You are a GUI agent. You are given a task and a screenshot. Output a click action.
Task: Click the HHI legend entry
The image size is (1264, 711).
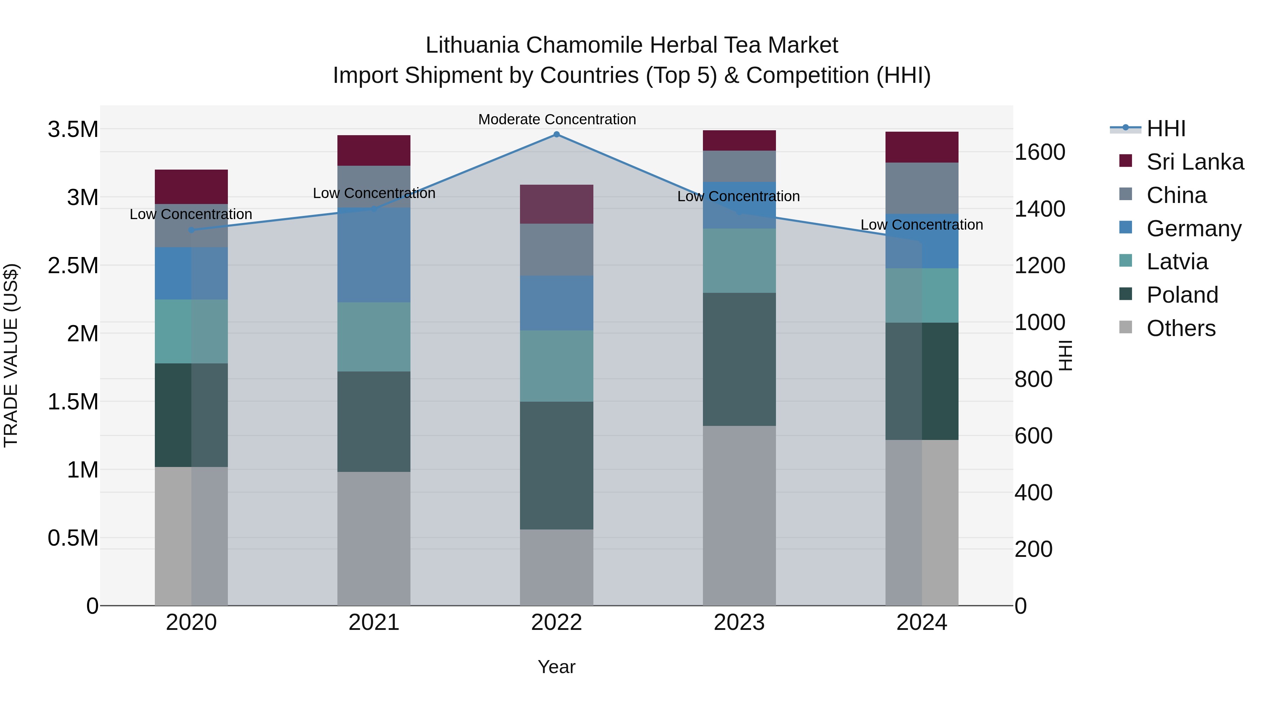pyautogui.click(x=1165, y=129)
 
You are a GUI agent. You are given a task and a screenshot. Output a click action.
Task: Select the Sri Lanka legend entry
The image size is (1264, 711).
pyautogui.click(x=1195, y=162)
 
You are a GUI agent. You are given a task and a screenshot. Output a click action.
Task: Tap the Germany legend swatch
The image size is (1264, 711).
pyautogui.click(x=1126, y=228)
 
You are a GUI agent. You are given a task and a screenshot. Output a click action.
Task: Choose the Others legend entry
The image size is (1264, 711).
pyautogui.click(x=1180, y=328)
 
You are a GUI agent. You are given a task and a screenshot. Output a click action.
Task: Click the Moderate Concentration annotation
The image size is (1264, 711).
pyautogui.click(x=557, y=119)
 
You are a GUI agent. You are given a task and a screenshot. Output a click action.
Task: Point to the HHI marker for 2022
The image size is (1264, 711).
pyautogui.click(x=557, y=134)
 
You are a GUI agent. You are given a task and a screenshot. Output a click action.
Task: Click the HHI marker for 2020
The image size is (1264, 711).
pyautogui.click(x=191, y=230)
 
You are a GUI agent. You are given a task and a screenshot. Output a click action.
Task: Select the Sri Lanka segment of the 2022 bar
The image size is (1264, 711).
pyautogui.click(x=557, y=204)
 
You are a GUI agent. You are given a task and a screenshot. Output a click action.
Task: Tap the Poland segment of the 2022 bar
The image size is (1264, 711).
pyautogui.click(x=557, y=465)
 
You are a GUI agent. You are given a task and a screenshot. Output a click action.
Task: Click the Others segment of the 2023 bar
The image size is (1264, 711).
pyautogui.click(x=739, y=515)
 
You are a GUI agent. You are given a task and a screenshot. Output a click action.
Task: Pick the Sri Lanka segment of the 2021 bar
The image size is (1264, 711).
pyautogui.click(x=374, y=151)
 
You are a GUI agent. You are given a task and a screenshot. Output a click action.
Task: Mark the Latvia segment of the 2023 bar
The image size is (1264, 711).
pyautogui.click(x=739, y=261)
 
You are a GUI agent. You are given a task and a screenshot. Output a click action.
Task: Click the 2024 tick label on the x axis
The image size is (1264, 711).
pyautogui.click(x=922, y=623)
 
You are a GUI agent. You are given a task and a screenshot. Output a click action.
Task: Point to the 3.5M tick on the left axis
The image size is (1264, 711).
pyautogui.click(x=73, y=130)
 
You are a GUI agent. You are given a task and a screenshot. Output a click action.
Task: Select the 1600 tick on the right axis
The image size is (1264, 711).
pyautogui.click(x=1039, y=152)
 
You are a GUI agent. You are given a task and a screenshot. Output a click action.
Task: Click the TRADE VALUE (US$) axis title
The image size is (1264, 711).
pyautogui.click(x=11, y=355)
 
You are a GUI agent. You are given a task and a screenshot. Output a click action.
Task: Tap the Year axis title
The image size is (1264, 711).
pyautogui.click(x=557, y=667)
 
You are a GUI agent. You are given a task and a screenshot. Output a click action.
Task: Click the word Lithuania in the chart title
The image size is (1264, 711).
pyautogui.click(x=472, y=45)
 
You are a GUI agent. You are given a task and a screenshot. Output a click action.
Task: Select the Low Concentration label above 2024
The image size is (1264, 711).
pyautogui.click(x=922, y=225)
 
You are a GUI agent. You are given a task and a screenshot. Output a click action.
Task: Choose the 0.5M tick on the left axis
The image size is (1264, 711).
pyautogui.click(x=73, y=538)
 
